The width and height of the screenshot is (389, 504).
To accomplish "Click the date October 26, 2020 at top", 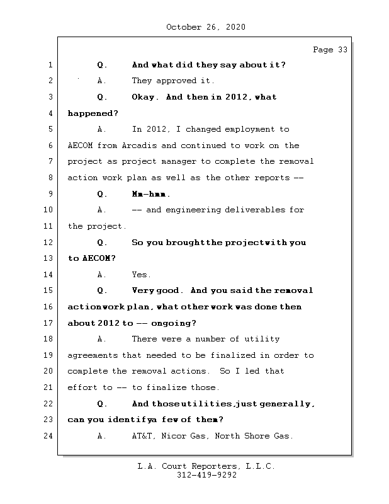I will tap(205, 27).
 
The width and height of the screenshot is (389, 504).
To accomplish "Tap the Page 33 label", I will tap(330, 50).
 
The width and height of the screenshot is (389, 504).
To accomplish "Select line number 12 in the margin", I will tap(50, 243).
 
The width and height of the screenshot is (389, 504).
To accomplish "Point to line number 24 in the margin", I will tap(50, 435).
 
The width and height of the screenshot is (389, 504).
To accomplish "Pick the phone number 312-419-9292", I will tap(206, 476).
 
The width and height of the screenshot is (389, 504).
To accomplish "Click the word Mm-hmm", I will tap(151, 194).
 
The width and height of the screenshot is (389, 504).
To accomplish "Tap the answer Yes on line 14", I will tap(141, 275).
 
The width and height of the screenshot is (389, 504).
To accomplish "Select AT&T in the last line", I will tap(143, 436).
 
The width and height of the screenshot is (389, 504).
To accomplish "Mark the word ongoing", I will tap(173, 323).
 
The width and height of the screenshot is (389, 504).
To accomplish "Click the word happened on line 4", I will tap(92, 113).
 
